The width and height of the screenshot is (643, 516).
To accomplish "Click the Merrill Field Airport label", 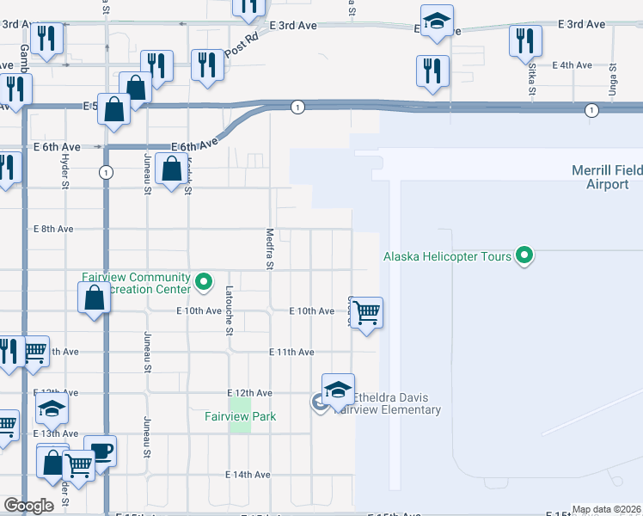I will click(x=606, y=178).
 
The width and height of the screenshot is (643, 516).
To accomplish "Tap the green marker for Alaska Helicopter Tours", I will click(x=523, y=255).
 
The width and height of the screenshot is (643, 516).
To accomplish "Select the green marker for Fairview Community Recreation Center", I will click(x=204, y=280).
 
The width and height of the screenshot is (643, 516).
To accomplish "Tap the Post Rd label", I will click(x=242, y=46).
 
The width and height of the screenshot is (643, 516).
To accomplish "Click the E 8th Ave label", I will click(x=53, y=230).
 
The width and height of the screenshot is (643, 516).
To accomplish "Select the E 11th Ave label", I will click(x=291, y=353).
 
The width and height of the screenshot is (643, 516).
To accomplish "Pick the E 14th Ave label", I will click(x=248, y=475).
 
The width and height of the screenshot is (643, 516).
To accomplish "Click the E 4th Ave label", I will click(x=573, y=65).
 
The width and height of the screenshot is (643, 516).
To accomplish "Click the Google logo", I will click(x=28, y=506).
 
